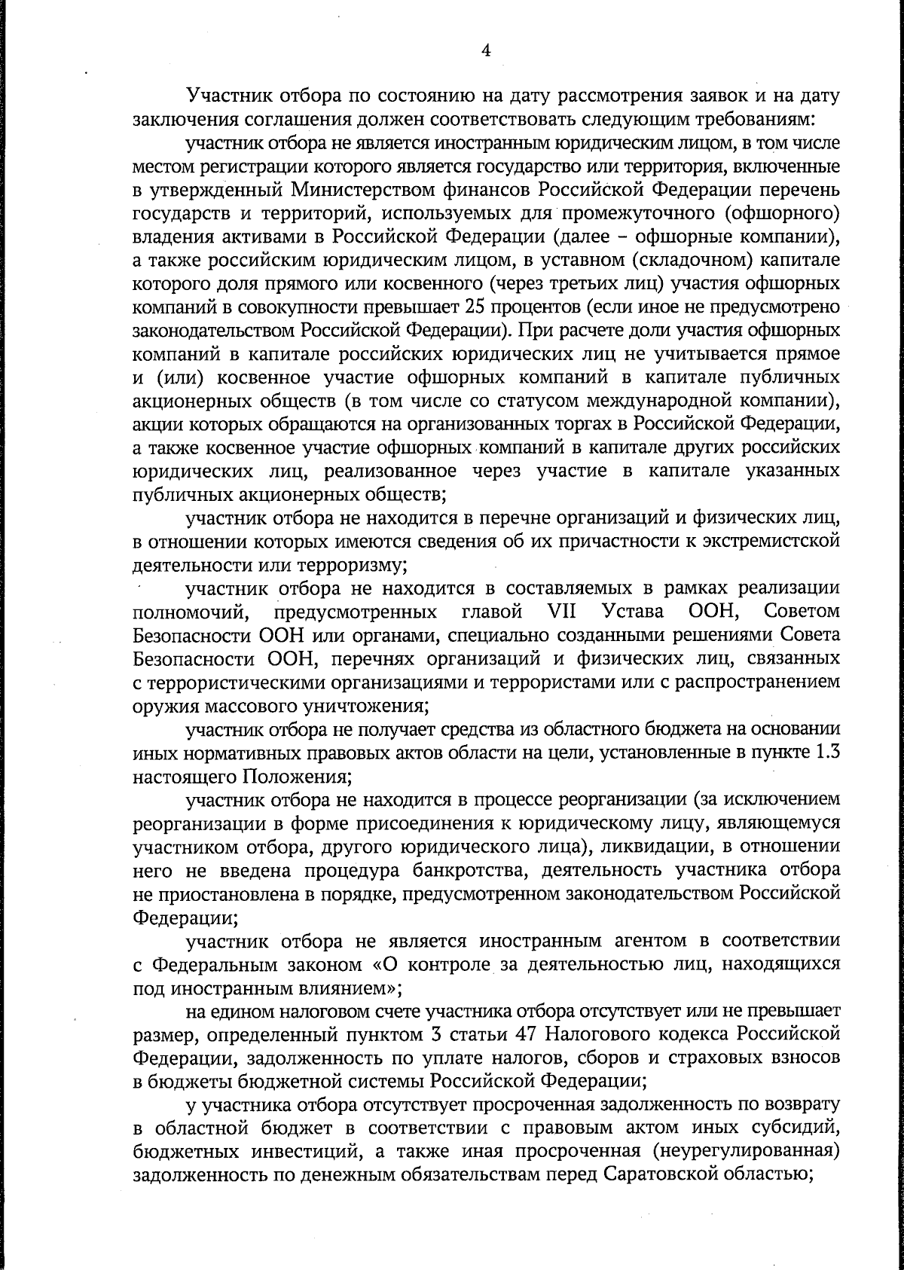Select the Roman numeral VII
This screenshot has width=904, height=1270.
click(x=557, y=611)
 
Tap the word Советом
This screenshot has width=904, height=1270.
click(x=802, y=611)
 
